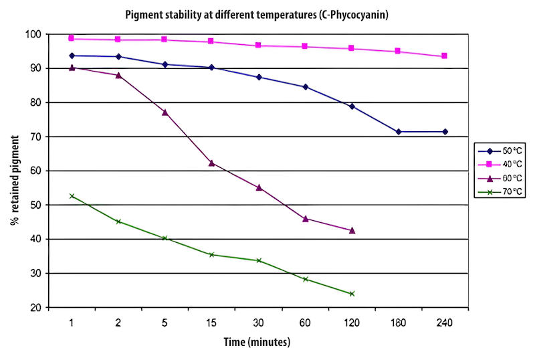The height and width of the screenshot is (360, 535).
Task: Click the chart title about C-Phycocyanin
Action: [267, 13]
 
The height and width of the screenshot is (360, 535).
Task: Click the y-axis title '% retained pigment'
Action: [14, 171]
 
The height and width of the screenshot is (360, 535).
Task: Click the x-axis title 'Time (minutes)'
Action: [257, 342]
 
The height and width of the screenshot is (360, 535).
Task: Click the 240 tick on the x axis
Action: [444, 323]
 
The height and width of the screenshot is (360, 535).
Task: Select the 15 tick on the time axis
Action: [211, 323]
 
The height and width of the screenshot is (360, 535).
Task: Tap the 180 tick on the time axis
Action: [398, 323]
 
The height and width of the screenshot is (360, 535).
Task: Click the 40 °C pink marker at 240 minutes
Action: [445, 56]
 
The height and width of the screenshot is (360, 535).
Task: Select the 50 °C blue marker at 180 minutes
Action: [399, 132]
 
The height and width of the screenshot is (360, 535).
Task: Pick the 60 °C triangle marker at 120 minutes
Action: [352, 230]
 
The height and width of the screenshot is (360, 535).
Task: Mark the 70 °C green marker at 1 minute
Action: [72, 196]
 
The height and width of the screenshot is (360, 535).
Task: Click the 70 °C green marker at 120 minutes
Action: [352, 294]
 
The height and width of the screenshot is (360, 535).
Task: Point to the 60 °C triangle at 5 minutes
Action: [165, 112]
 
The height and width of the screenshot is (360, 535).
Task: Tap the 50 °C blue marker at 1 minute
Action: [72, 56]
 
